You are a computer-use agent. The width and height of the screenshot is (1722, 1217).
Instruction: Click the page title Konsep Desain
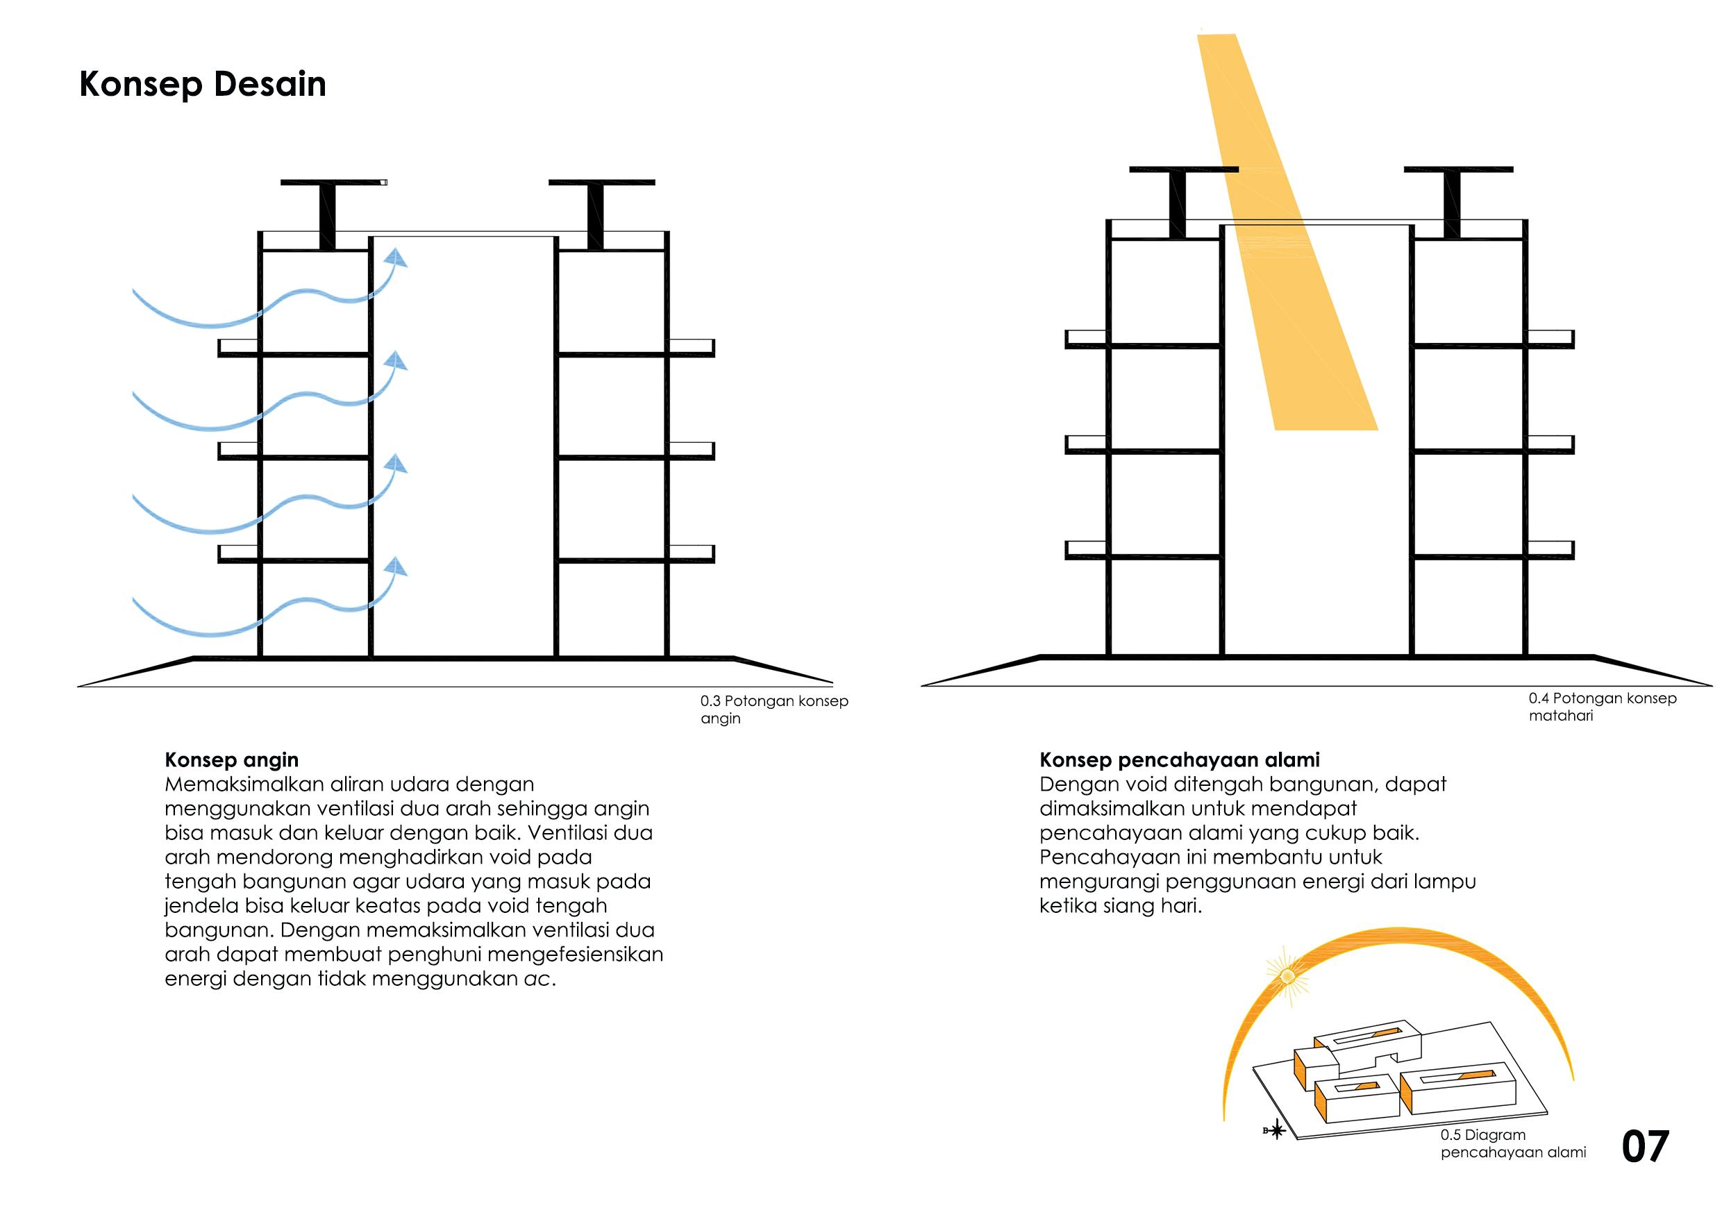[203, 84]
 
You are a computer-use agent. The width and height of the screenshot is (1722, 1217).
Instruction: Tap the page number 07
[1645, 1146]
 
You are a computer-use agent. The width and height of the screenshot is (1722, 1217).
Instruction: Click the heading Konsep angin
[232, 759]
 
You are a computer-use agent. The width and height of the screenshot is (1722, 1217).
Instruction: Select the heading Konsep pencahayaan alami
[1179, 759]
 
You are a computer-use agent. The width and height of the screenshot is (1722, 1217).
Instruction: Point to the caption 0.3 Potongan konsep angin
[774, 710]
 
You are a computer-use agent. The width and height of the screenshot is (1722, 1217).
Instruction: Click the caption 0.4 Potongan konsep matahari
[1602, 706]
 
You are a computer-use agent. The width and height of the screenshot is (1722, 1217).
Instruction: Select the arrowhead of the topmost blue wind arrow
[397, 259]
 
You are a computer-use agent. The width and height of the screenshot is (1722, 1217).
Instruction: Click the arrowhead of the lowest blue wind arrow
[397, 567]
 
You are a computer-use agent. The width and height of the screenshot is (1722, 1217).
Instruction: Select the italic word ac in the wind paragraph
[537, 979]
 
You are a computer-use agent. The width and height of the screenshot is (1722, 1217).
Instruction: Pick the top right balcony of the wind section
[691, 347]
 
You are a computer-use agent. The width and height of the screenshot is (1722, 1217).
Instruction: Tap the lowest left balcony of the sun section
[1086, 549]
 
